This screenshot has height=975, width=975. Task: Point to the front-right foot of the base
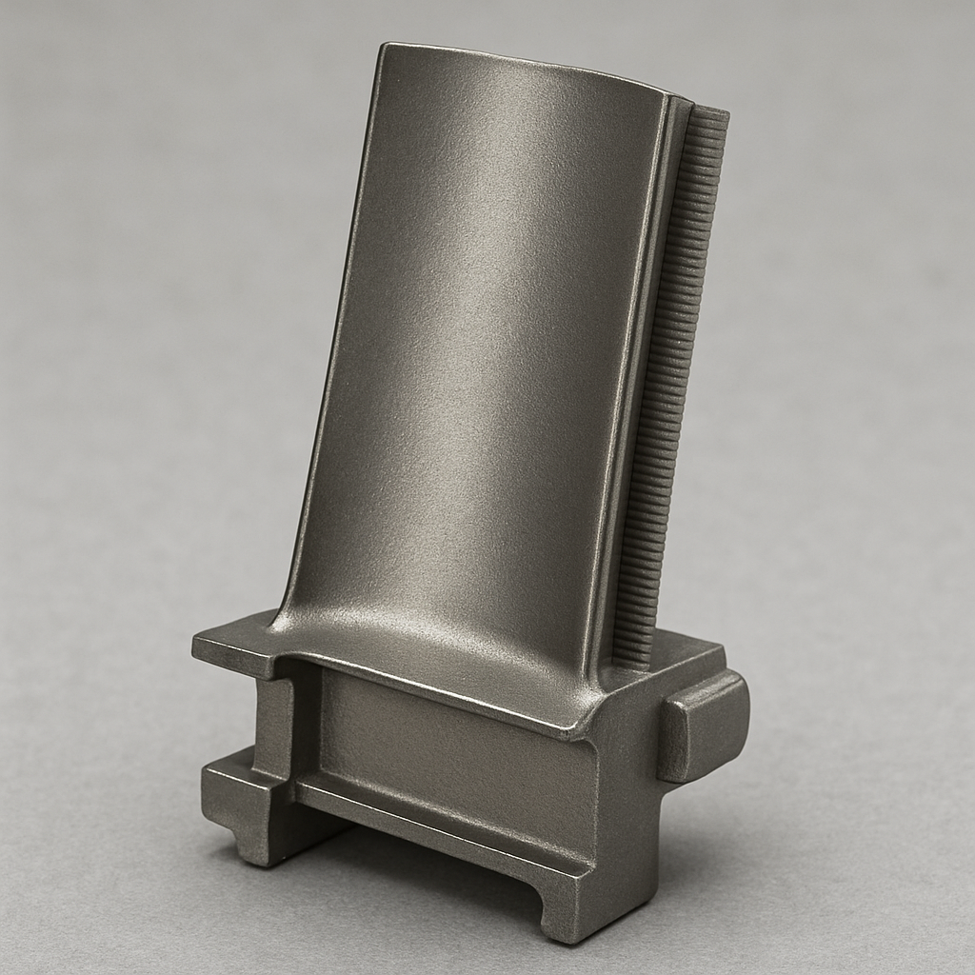pos(571,914)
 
